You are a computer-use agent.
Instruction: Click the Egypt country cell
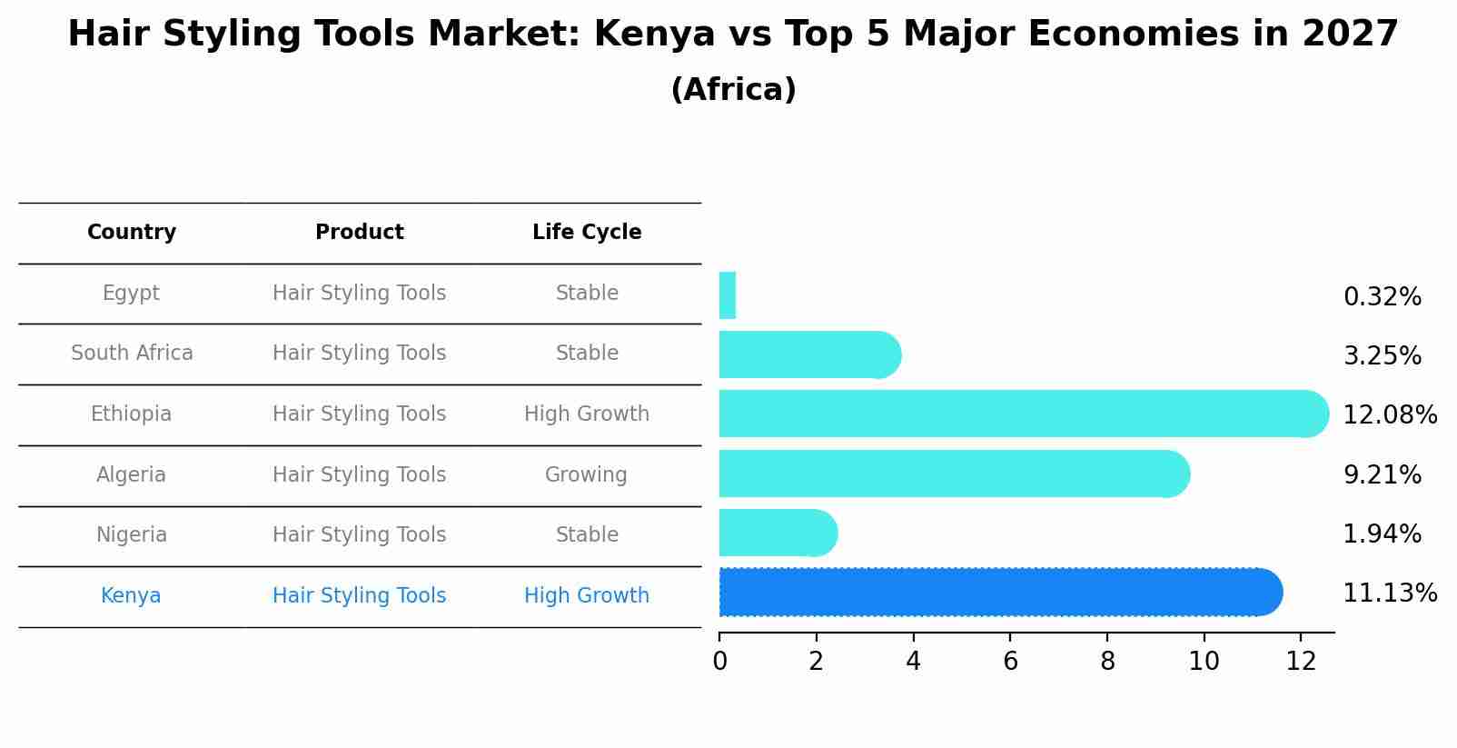point(131,294)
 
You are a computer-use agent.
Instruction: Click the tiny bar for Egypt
point(727,295)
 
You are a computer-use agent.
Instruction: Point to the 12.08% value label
point(1389,415)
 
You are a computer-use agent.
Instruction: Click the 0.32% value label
point(1382,297)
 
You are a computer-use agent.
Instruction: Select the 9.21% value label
point(1382,475)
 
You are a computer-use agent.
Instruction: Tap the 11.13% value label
point(1389,593)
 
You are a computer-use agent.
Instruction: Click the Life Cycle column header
point(587,233)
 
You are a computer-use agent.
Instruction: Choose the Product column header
point(359,233)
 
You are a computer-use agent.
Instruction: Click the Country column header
point(132,233)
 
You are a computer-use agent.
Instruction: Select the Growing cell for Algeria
point(586,475)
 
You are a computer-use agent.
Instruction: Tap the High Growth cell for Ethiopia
point(587,414)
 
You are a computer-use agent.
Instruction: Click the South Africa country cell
point(132,354)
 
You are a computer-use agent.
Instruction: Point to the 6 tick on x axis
point(1010,662)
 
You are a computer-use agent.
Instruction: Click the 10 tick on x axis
point(1204,662)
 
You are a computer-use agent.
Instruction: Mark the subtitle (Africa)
point(733,90)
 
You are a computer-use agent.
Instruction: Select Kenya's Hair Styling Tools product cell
point(359,596)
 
